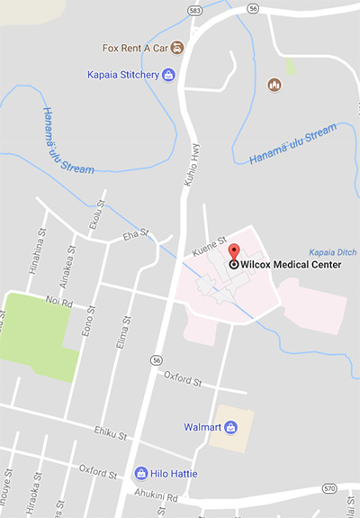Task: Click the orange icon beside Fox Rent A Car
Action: pos(177,47)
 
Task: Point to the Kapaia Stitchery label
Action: pos(123,74)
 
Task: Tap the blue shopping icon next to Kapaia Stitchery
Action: pos(168,74)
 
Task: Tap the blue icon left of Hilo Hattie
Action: pos(140,473)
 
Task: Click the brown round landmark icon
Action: pos(275,85)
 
